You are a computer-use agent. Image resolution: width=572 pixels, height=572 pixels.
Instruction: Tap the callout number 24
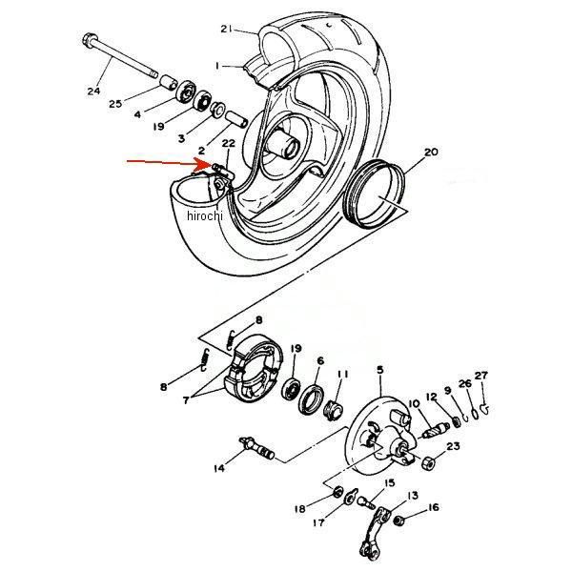pos(93,91)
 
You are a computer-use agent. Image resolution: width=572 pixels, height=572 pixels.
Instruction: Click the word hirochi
pos(205,216)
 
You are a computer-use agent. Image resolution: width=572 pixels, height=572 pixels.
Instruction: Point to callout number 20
pos(431,152)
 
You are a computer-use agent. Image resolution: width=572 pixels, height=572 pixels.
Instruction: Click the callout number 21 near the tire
pos(226,29)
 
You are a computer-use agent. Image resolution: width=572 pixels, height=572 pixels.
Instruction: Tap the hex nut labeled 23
pos(428,463)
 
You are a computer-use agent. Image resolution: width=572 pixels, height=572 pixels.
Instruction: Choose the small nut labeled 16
pos(399,521)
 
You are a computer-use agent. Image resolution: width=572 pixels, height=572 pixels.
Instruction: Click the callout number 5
pos(380,370)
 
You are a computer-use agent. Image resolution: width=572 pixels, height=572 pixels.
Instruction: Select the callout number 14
pos(219,468)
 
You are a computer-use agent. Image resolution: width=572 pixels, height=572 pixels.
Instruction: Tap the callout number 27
pos(480,376)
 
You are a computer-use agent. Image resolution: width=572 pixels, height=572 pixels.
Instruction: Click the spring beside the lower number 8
pos(205,360)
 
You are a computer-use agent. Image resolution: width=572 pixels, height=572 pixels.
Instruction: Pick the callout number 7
pos(187,400)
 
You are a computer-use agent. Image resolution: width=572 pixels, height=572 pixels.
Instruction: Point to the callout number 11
pos(342,375)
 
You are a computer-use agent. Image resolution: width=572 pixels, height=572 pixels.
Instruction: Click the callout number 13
pos(413,496)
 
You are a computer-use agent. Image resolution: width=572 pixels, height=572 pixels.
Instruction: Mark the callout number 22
pos(229,143)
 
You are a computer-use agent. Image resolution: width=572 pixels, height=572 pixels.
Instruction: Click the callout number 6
pos(320,360)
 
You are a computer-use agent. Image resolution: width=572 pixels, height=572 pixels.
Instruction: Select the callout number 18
pos(300,508)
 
